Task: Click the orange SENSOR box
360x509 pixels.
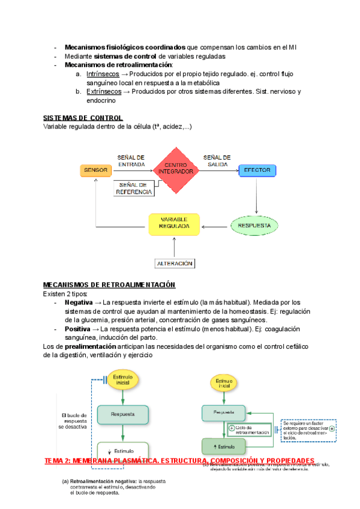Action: coord(96,170)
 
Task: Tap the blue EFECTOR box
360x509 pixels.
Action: coord(257,170)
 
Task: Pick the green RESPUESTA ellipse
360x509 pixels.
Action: coord(255,226)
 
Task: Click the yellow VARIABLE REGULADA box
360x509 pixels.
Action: coord(175,223)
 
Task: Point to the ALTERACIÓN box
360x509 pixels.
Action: coord(175,263)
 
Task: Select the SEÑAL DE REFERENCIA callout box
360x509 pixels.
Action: coord(134,188)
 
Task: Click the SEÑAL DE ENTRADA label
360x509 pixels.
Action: coord(131,160)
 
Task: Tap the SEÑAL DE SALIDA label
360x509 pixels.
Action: coord(217,160)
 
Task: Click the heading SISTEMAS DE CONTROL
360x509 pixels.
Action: coord(83,118)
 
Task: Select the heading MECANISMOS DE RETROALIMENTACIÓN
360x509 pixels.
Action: coord(109,285)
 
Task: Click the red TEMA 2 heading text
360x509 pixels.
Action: coord(180,460)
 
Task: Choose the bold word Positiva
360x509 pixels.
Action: coord(77,329)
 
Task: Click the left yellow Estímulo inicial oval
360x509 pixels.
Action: coord(122,381)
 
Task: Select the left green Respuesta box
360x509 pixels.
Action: coord(122,414)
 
